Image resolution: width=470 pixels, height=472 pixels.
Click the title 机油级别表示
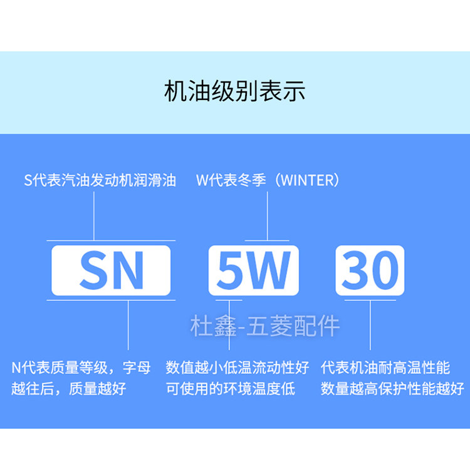pyautogui.click(x=234, y=91)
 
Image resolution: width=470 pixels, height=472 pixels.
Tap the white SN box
pyautogui.click(x=111, y=270)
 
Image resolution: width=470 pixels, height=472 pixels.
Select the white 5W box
pyautogui.click(x=254, y=270)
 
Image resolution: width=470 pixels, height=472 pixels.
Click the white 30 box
pyautogui.click(x=370, y=270)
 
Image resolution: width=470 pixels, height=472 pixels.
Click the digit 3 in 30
pyautogui.click(x=354, y=270)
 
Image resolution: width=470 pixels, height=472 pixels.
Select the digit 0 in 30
pyautogui.click(x=384, y=270)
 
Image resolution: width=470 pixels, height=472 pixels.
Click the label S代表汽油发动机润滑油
pyautogui.click(x=100, y=181)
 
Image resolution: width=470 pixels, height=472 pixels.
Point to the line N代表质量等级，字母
pyautogui.click(x=81, y=367)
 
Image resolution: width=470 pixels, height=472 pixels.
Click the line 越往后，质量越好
pyautogui.click(x=69, y=389)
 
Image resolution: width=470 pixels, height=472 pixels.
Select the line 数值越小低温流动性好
pyautogui.click(x=238, y=367)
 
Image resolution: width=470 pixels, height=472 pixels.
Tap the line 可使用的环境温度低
pyautogui.click(x=230, y=389)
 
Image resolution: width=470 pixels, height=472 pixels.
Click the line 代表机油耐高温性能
pyautogui.click(x=385, y=367)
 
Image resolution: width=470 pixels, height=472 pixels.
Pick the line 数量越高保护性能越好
pyautogui.click(x=392, y=389)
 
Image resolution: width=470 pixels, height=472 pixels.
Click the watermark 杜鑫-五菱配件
pyautogui.click(x=266, y=326)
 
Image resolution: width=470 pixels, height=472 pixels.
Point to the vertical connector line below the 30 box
pyautogui.click(x=370, y=322)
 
